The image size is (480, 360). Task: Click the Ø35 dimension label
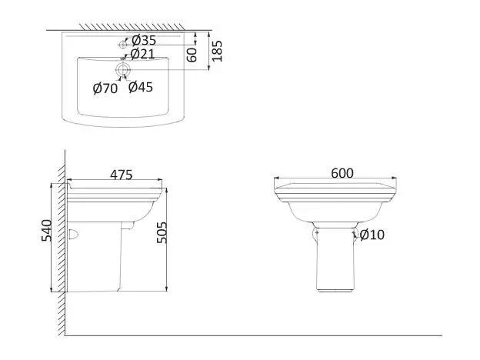pyautogui.click(x=144, y=40)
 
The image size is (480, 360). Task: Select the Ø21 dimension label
pyautogui.click(x=142, y=54)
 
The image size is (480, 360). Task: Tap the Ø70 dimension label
pyautogui.click(x=105, y=88)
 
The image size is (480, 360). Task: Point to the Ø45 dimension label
pyautogui.click(x=141, y=87)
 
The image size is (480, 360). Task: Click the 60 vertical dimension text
pyautogui.click(x=192, y=55)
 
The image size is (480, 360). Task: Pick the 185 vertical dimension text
pyautogui.click(x=217, y=51)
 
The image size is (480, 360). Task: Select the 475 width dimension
pyautogui.click(x=122, y=175)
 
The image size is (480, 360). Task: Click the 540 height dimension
pyautogui.click(x=47, y=231)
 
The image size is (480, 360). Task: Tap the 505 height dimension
pyautogui.click(x=162, y=232)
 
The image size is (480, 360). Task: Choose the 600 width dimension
pyautogui.click(x=342, y=173)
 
